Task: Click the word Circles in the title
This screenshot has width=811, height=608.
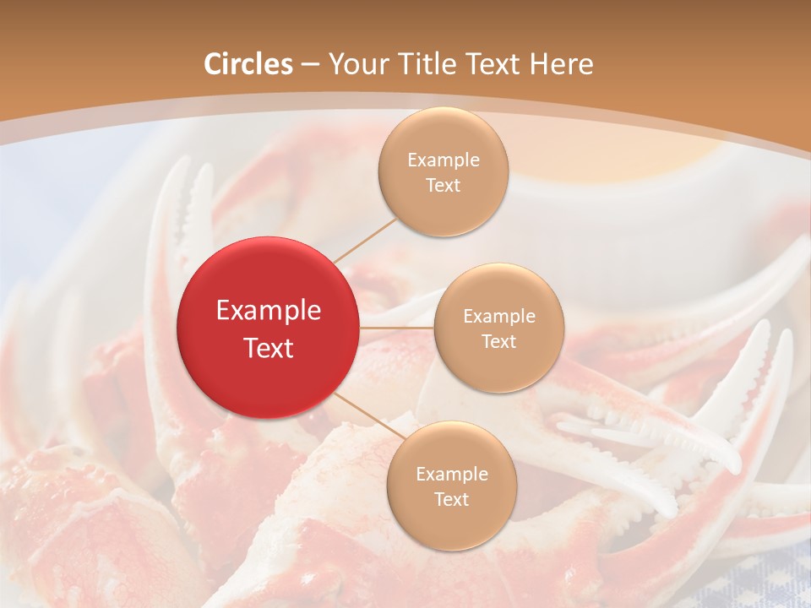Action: point(248,64)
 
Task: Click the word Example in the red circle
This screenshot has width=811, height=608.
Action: point(269,311)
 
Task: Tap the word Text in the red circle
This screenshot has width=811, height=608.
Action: point(269,348)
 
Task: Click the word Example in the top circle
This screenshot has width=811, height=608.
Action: point(444,160)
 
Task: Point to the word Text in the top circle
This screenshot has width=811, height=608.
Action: point(444,186)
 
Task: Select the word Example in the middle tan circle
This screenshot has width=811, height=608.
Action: point(499,317)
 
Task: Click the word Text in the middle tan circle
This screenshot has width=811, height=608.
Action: point(499,342)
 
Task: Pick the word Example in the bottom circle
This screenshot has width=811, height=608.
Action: point(452,475)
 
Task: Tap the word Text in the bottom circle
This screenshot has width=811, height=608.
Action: point(452,500)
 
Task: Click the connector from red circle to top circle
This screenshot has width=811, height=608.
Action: point(365,241)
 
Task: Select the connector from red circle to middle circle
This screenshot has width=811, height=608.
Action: point(396,327)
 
